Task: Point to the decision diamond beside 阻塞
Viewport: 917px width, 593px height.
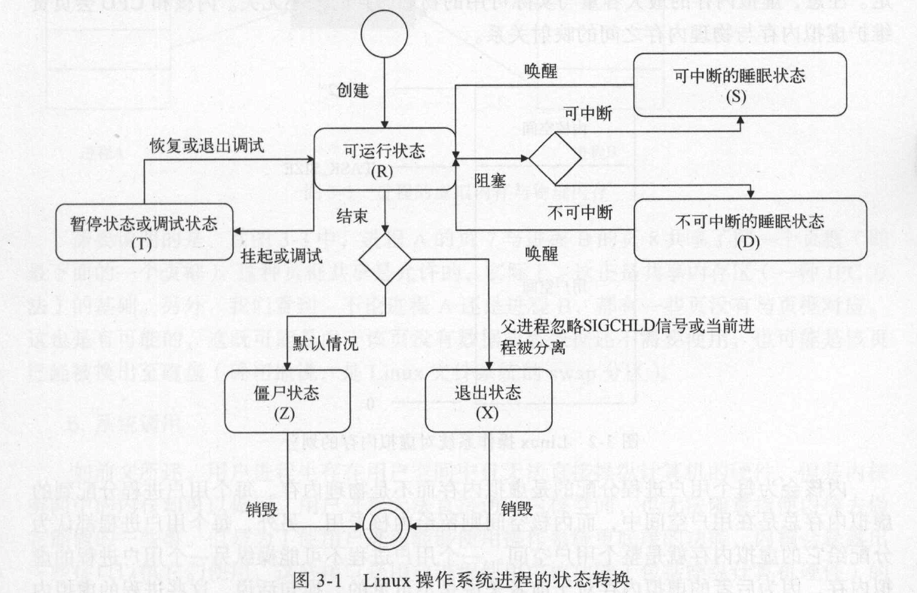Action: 555,159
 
